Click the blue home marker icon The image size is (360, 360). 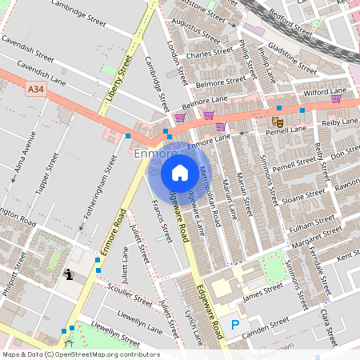point(180,173)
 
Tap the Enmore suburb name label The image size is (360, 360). point(154,153)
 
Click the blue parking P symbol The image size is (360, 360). point(234,325)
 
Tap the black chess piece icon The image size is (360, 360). point(70,275)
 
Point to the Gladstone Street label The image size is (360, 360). point(290,53)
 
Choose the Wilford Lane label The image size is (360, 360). point(325,92)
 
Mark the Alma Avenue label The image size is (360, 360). point(25,168)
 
